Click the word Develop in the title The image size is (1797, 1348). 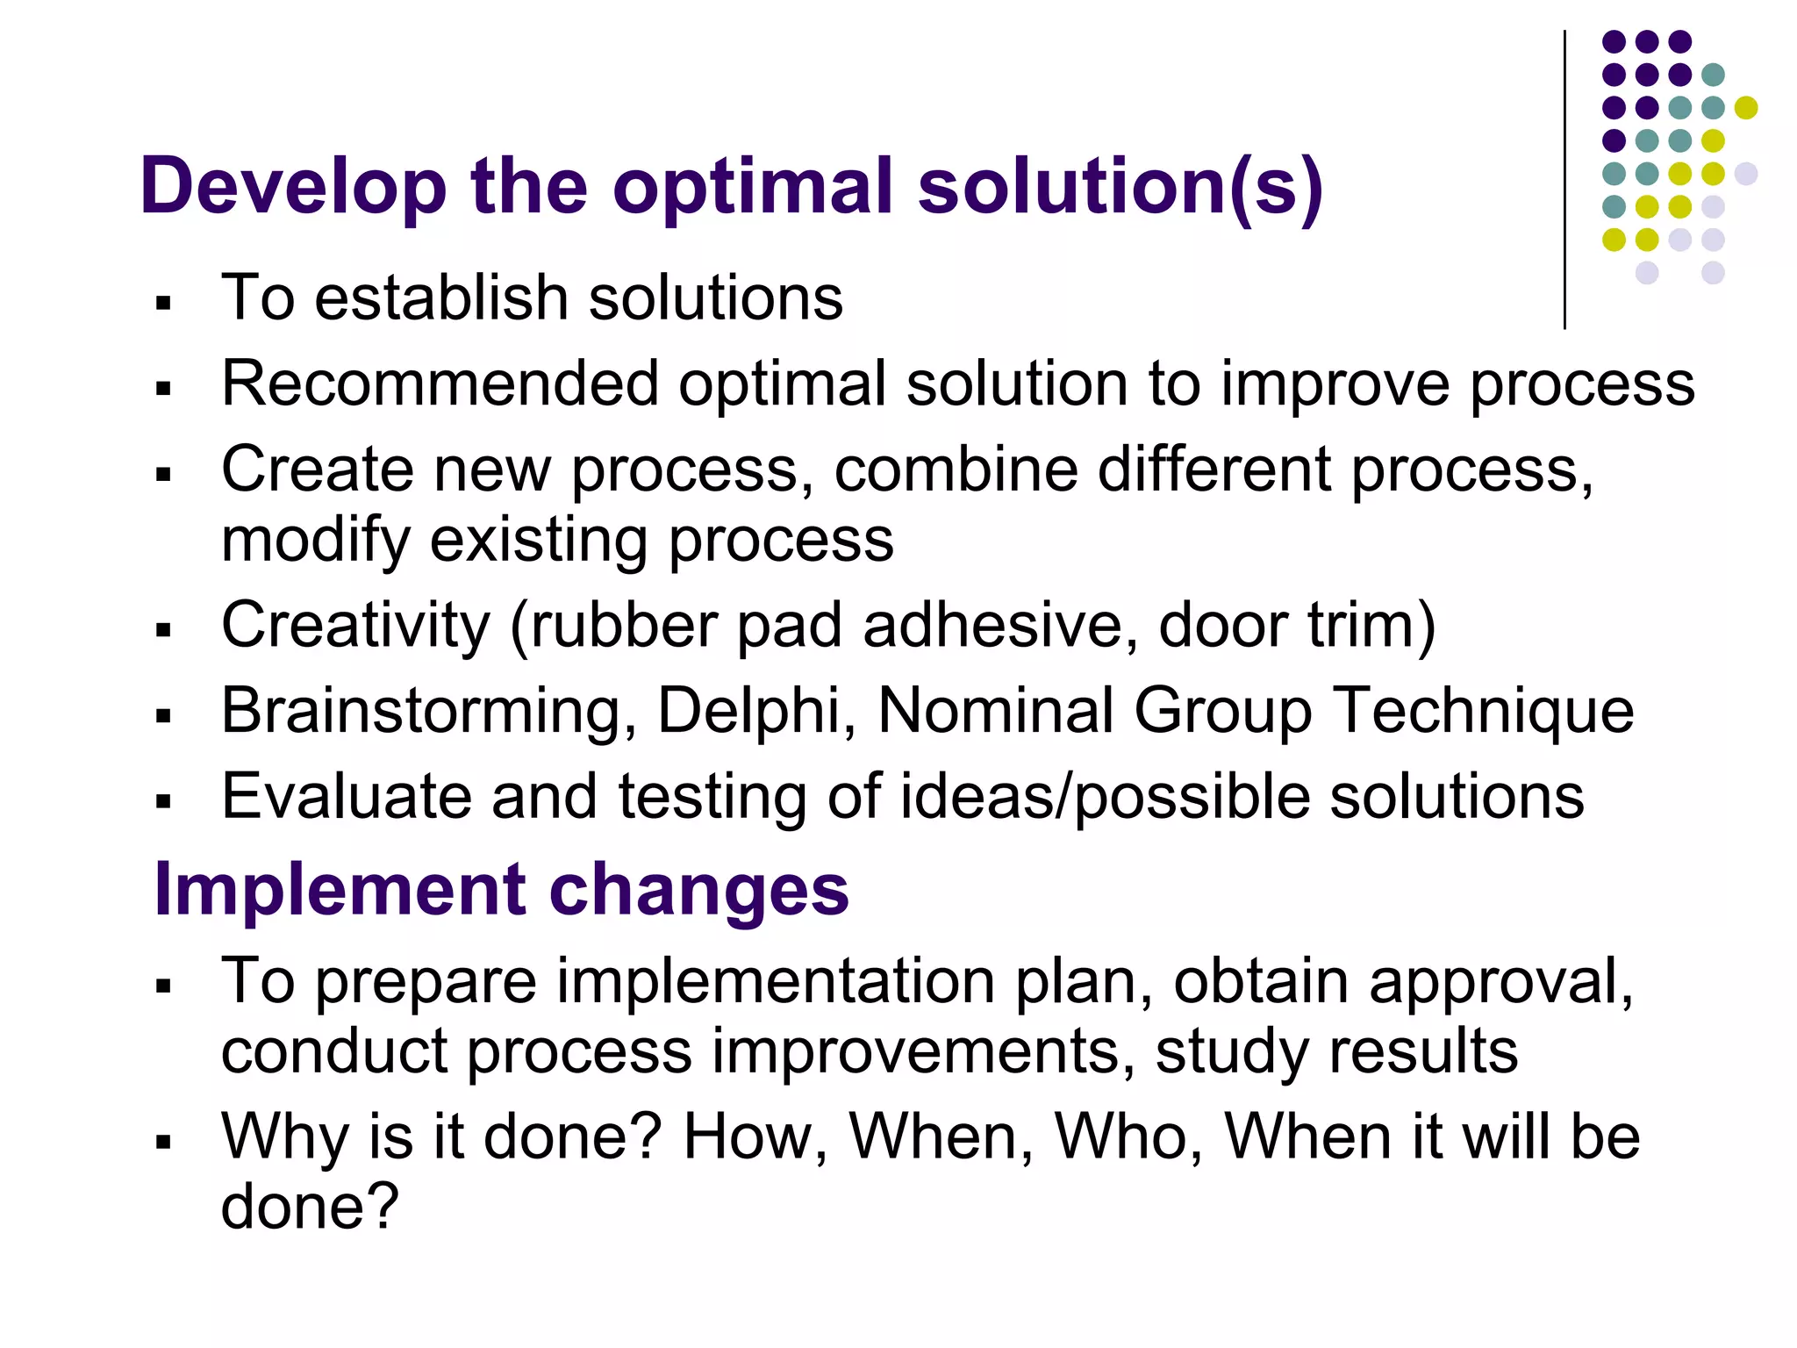(293, 186)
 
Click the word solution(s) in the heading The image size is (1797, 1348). (1120, 186)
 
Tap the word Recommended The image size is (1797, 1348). (440, 384)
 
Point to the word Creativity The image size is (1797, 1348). (355, 625)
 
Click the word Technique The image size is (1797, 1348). (1484, 710)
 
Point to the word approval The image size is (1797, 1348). (1500, 980)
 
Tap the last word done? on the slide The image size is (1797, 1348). (310, 1206)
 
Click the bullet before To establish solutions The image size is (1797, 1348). (162, 304)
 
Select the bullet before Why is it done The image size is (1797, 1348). (162, 1142)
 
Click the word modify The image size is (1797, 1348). (315, 540)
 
